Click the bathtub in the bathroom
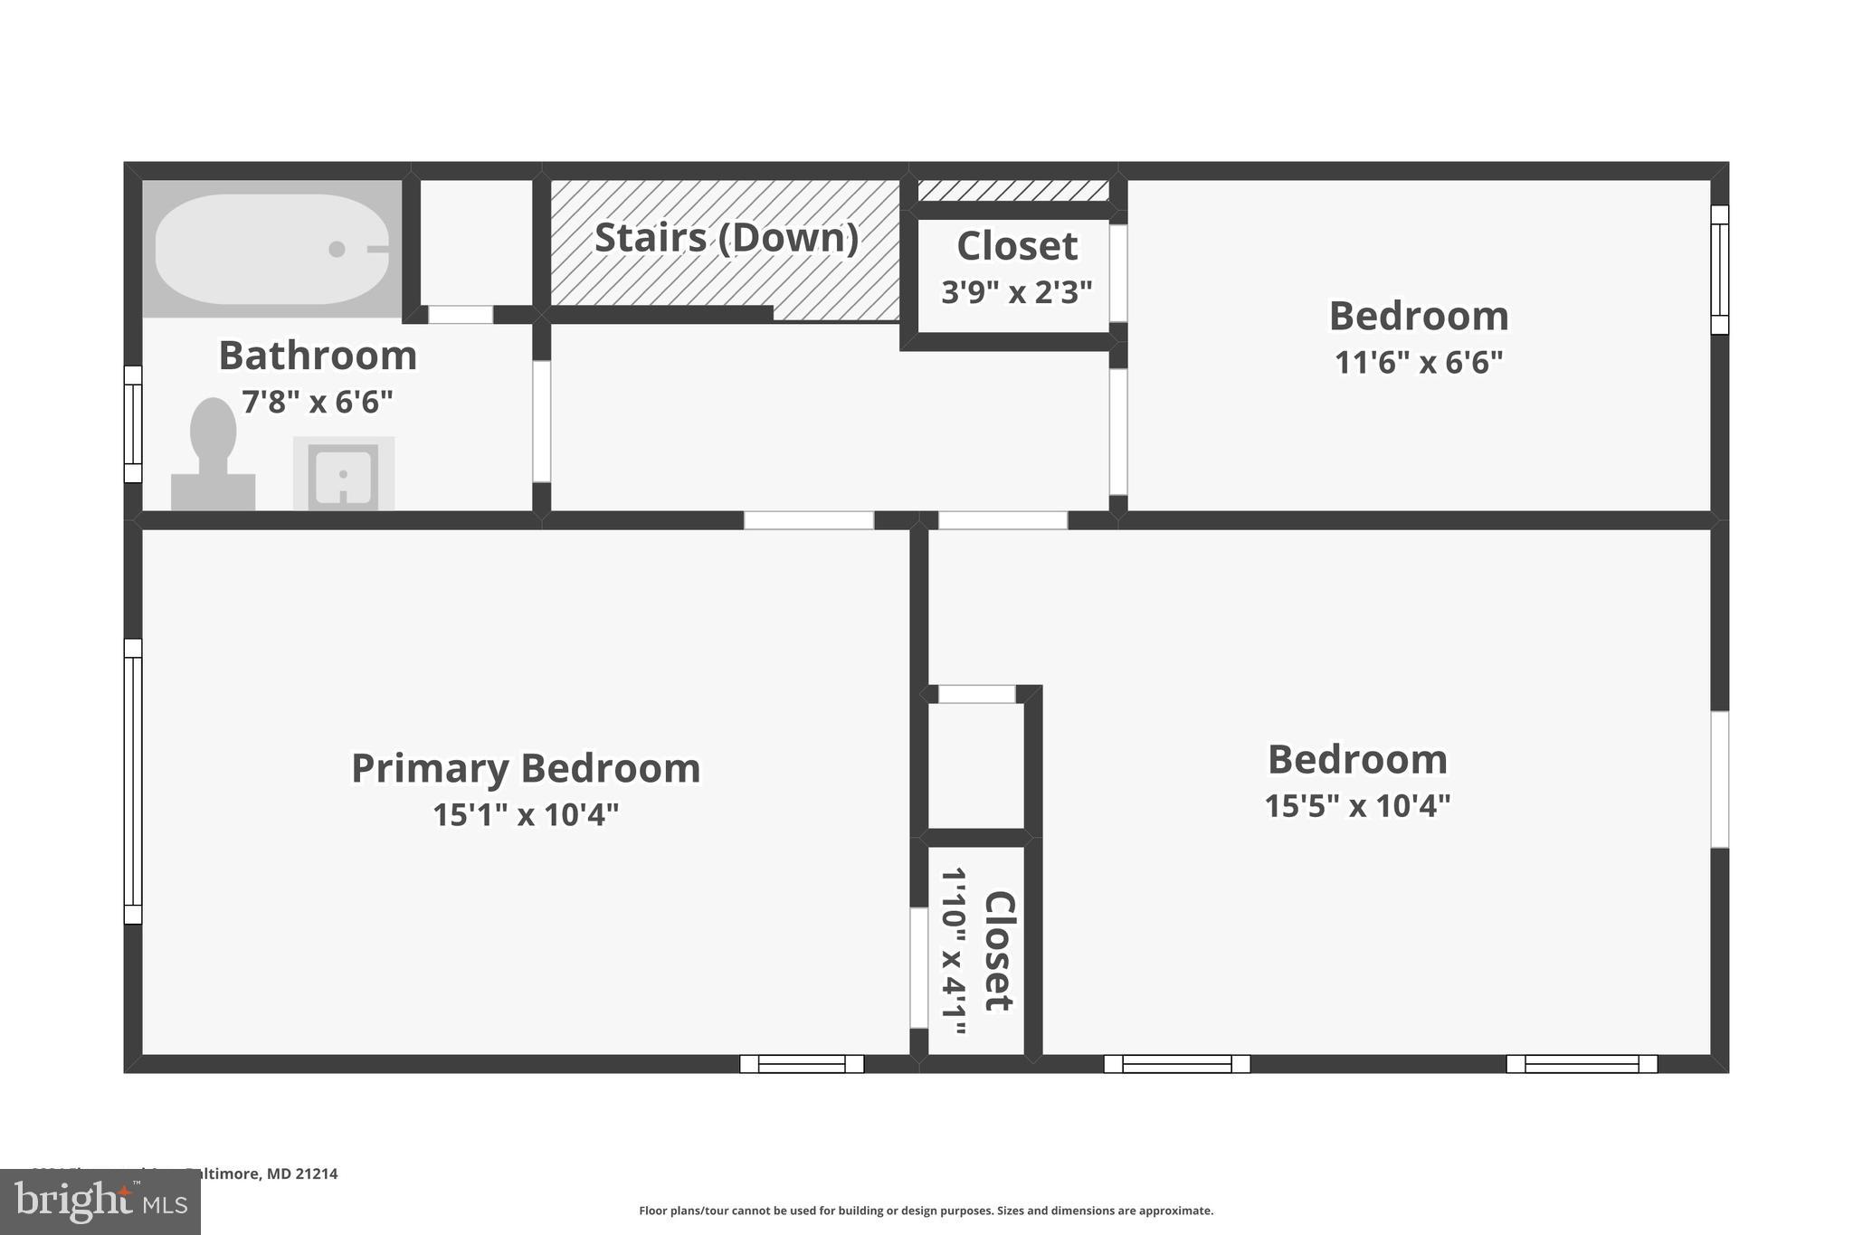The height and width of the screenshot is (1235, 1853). (271, 249)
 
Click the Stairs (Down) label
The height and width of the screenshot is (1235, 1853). (726, 238)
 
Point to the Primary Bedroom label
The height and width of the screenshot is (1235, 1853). (526, 768)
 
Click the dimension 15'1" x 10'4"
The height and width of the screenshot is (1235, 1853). (526, 815)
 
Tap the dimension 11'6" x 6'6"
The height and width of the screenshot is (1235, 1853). (1418, 363)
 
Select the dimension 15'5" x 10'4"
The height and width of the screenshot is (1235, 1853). (1357, 805)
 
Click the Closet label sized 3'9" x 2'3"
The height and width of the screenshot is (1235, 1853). (1017, 246)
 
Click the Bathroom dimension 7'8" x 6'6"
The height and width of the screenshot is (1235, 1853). (318, 402)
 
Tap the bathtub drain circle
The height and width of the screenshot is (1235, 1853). (337, 249)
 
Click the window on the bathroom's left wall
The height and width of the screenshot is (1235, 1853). (133, 424)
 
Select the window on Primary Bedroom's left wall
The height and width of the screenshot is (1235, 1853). (133, 781)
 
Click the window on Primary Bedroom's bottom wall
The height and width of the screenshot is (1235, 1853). (802, 1064)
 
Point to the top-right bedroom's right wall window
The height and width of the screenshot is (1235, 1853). (1719, 270)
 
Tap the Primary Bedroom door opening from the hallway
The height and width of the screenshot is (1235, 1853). (808, 520)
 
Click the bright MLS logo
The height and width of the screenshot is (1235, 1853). (100, 1202)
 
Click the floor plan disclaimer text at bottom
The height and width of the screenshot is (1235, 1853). (926, 1211)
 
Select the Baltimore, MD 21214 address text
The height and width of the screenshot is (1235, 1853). (262, 1173)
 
